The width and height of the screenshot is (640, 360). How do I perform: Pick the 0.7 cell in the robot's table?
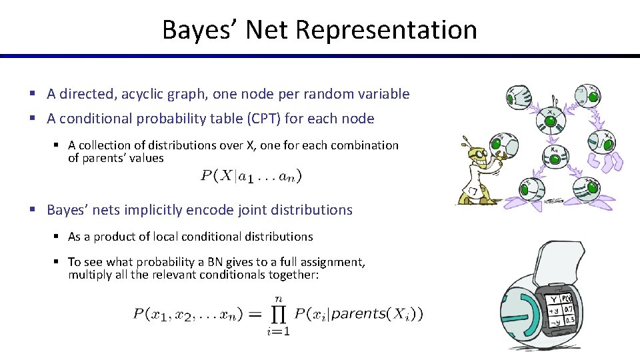[569, 309]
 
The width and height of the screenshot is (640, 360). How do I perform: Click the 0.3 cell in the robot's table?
[569, 319]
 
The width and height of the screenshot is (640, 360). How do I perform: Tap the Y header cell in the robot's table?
[553, 298]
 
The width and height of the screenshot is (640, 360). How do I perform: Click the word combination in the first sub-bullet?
[365, 145]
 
